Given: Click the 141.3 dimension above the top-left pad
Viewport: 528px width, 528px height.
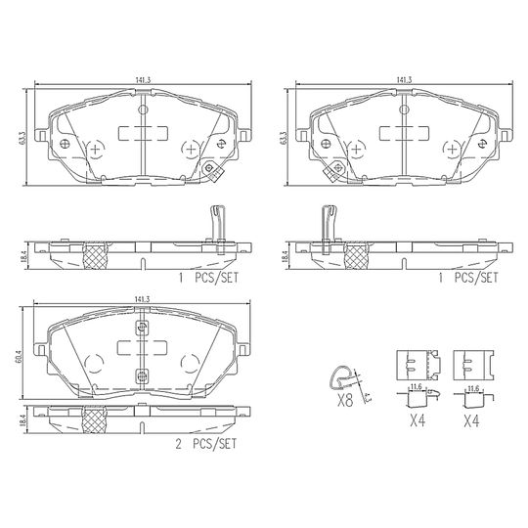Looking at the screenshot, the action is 143,80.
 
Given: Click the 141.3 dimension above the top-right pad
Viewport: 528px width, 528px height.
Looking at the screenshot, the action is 404,80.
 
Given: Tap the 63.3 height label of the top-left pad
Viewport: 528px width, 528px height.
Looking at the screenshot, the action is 22,138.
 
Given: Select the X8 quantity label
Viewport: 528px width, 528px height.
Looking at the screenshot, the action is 345,401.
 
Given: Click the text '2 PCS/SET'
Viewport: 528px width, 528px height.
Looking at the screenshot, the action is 206,444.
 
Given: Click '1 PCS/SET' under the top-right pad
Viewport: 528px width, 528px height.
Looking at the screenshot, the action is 467,278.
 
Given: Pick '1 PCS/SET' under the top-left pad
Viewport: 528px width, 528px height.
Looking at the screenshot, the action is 208,278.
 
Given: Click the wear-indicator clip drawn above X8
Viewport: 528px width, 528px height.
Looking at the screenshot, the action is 341,377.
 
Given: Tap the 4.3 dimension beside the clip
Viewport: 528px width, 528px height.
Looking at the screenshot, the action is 368,397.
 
